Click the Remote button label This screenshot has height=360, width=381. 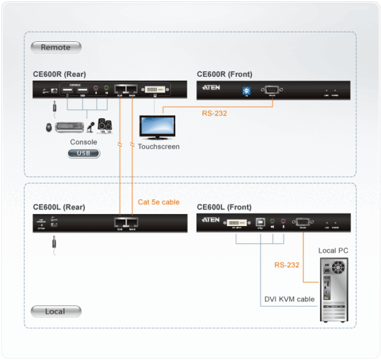55,47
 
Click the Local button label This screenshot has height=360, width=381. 55,311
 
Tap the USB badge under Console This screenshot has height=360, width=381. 83,153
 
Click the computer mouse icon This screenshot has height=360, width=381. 50,128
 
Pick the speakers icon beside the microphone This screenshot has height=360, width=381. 105,124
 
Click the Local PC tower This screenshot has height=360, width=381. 334,288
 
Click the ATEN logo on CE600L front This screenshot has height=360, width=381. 211,220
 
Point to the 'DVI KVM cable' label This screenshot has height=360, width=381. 289,299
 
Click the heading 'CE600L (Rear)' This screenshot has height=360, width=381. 59,207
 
